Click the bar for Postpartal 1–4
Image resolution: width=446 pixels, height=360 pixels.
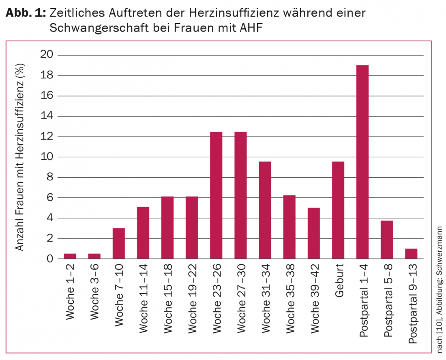(362, 162)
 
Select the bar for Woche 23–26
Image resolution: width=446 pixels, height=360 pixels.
(216, 195)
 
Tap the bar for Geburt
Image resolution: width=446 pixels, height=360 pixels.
(338, 210)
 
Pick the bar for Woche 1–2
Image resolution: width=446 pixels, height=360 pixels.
(70, 256)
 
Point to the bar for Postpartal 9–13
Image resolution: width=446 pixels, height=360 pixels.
(411, 254)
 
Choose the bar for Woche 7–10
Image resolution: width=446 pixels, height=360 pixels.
(119, 243)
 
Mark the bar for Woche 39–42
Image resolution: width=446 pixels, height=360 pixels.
(313, 233)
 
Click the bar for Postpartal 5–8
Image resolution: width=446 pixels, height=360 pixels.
(386, 240)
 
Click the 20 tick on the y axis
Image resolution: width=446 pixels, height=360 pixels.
(48, 55)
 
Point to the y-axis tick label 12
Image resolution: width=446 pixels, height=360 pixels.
(48, 137)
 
